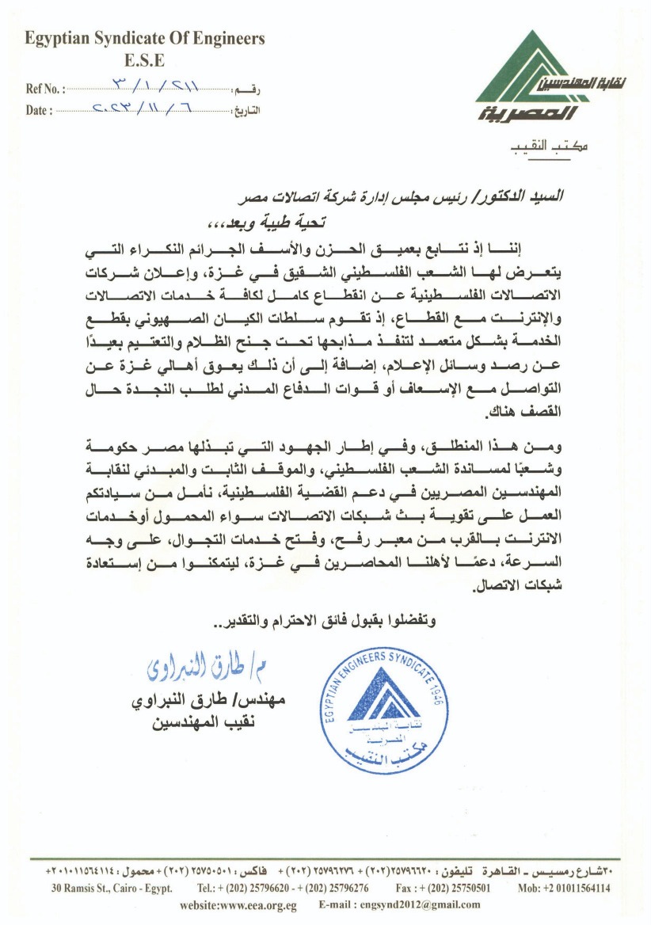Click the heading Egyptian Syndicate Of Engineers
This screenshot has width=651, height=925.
coord(145,38)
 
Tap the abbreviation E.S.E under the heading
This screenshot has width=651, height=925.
coord(145,59)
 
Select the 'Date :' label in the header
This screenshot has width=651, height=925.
coord(39,111)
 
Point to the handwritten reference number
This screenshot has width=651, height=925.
coord(158,86)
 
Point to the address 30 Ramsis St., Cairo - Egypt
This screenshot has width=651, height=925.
coord(112,889)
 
